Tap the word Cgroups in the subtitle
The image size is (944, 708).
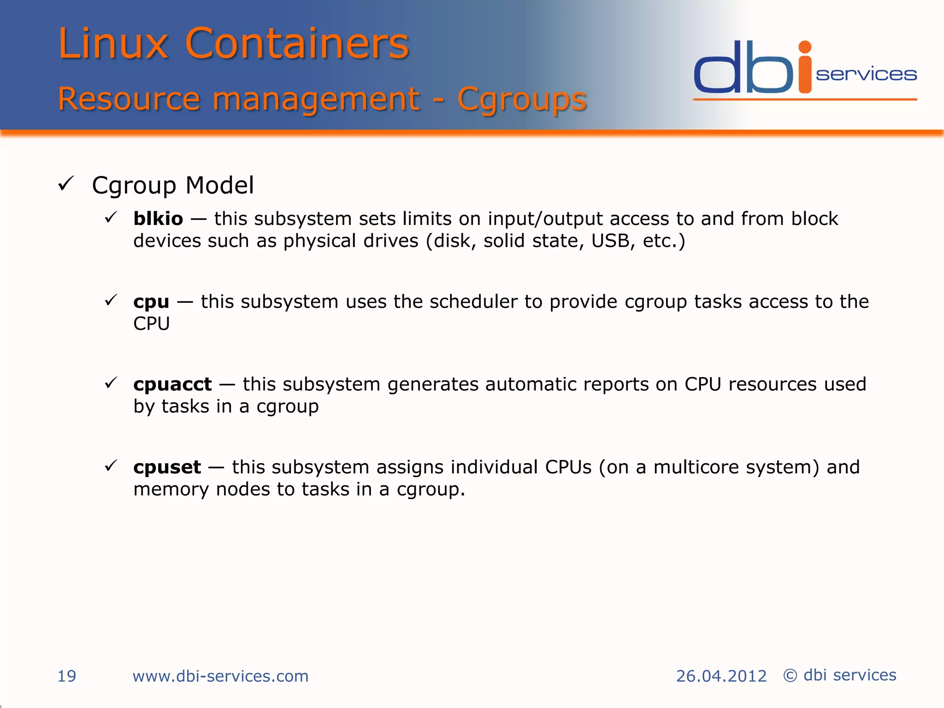pyautogui.click(x=521, y=99)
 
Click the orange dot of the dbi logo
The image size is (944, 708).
pyautogui.click(x=805, y=47)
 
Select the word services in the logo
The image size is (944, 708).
pyautogui.click(x=866, y=74)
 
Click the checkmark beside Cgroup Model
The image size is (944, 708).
pyautogui.click(x=66, y=184)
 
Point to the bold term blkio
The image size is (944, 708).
pyautogui.click(x=158, y=218)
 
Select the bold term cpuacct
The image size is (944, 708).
pyautogui.click(x=172, y=384)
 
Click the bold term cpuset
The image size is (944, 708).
pyautogui.click(x=167, y=467)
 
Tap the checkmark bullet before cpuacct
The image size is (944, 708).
pyautogui.click(x=111, y=383)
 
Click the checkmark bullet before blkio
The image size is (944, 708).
pyautogui.click(x=111, y=217)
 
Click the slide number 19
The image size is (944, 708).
pyautogui.click(x=66, y=676)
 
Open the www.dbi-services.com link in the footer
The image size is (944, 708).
pyautogui.click(x=220, y=676)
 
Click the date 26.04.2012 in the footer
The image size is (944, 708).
pyautogui.click(x=721, y=676)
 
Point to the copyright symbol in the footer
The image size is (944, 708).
pyautogui.click(x=790, y=676)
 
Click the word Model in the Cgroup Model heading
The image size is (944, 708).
pyautogui.click(x=219, y=185)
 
